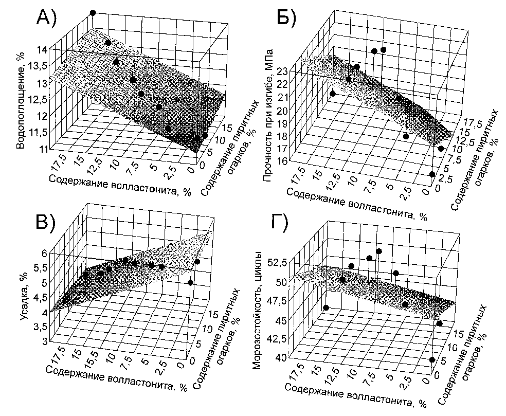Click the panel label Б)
point(283,20)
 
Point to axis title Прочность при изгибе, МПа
point(268,117)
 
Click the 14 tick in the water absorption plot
point(42,49)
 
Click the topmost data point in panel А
point(93,12)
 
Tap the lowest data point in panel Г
point(432,360)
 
